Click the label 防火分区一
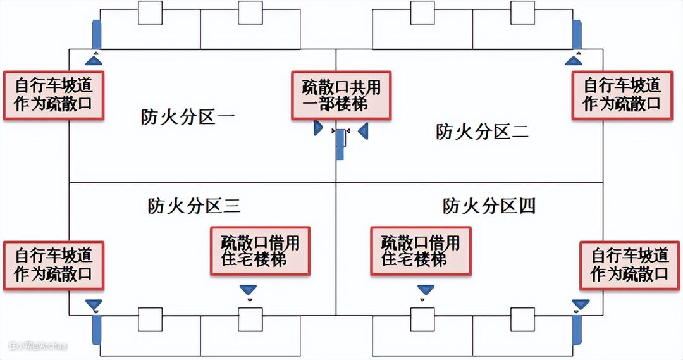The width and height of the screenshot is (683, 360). [188, 117]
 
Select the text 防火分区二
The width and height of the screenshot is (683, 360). [482, 132]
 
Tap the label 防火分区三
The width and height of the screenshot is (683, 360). [194, 206]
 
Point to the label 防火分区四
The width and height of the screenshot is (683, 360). [489, 206]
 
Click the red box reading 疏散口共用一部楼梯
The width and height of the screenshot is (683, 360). [341, 96]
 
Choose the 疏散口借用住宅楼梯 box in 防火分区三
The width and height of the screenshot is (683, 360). [260, 251]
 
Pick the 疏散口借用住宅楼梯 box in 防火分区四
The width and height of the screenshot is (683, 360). [421, 251]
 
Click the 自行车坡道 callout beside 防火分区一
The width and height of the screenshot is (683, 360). [54, 96]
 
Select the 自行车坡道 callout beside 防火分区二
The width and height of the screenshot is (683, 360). [622, 96]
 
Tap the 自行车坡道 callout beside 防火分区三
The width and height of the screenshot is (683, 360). [54, 266]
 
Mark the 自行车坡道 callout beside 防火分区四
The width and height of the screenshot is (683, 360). [629, 266]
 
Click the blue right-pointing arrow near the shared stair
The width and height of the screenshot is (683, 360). [318, 128]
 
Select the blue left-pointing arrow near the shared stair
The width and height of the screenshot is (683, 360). [363, 131]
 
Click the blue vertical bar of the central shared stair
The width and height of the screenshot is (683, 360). [340, 144]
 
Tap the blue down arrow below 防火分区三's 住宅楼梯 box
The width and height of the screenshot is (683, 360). [249, 290]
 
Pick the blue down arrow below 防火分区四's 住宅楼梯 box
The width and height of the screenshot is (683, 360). [426, 290]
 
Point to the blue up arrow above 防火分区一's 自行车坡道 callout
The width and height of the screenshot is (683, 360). [94, 60]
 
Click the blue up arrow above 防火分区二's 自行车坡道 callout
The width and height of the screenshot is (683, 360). [574, 60]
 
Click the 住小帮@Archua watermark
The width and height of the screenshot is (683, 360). [38, 345]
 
